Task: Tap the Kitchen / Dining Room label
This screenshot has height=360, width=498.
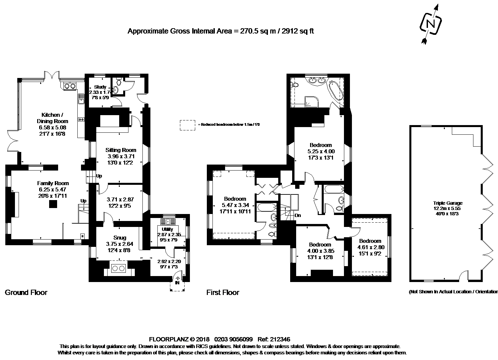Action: point(52,118)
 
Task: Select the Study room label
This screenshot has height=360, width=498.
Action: point(100,87)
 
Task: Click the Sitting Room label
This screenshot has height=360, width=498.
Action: point(121,150)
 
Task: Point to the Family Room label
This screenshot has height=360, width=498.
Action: point(53,183)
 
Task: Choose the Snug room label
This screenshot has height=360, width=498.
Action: point(120,238)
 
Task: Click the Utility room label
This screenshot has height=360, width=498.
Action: point(167,229)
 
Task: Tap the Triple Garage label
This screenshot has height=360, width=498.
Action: point(448,203)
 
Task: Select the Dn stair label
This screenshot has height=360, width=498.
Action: point(298,215)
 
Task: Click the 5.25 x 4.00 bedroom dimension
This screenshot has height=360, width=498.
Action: point(321,151)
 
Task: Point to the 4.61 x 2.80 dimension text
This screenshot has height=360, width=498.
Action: point(371,247)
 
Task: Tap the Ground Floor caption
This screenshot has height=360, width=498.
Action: point(26,292)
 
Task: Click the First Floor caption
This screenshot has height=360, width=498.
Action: point(223,292)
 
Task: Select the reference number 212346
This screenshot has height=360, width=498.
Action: point(280,339)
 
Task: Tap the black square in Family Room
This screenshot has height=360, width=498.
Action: point(53,204)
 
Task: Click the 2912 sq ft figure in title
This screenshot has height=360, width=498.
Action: point(298,31)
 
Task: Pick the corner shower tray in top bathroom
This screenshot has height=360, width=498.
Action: point(312,102)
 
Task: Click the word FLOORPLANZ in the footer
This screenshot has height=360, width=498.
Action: point(169,339)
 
